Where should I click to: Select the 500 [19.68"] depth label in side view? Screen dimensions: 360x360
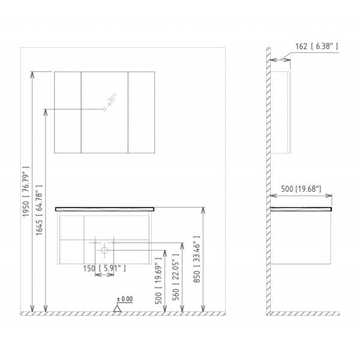(x=301, y=189)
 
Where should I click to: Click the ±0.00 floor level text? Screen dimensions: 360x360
(x=124, y=298)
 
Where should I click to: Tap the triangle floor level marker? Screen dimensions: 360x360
(x=118, y=308)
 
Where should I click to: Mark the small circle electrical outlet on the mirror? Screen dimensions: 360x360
(x=104, y=110)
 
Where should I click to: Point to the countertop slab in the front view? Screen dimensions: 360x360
(x=104, y=209)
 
